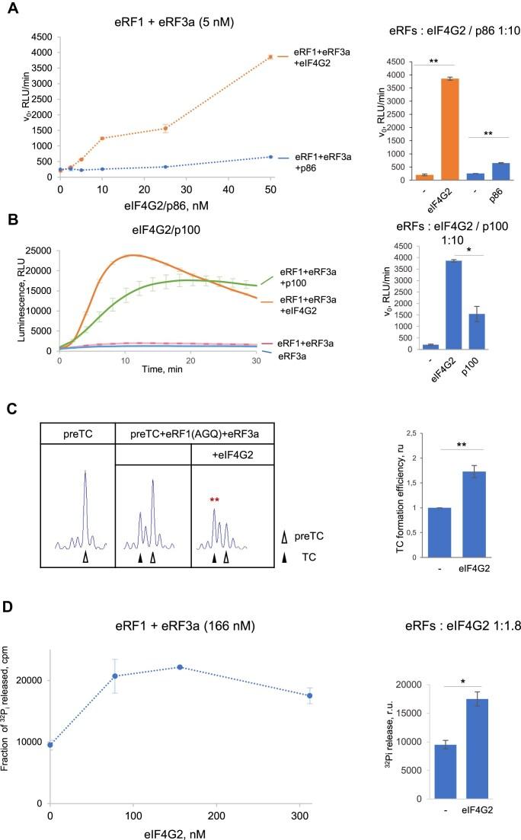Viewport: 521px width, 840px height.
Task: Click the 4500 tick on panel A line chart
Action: coord(42,37)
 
